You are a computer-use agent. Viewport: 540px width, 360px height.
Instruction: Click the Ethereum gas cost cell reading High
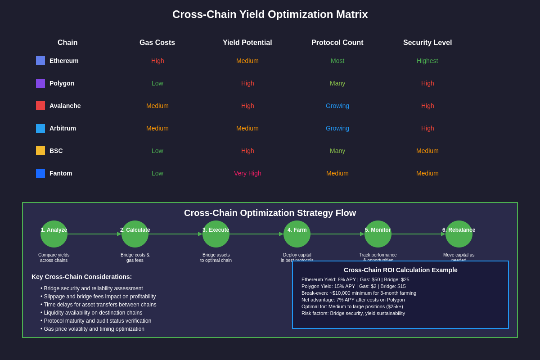(157, 61)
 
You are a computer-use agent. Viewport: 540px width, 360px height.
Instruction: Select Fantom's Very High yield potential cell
(247, 173)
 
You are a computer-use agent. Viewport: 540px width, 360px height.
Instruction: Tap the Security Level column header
(427, 43)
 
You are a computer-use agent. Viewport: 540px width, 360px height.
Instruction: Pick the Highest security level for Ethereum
(427, 61)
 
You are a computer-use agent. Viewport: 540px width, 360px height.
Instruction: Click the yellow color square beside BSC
(40, 151)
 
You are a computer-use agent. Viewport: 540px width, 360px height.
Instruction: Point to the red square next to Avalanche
(40, 106)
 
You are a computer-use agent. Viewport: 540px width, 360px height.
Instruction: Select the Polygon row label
(62, 83)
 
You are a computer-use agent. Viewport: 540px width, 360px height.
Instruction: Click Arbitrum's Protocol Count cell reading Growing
(337, 128)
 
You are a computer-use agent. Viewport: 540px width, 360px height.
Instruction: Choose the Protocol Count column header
(337, 43)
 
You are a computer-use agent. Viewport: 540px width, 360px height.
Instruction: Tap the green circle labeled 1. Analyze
(54, 234)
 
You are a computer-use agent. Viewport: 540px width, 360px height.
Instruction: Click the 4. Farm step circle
(297, 234)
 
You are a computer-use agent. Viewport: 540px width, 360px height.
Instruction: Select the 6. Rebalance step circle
(459, 234)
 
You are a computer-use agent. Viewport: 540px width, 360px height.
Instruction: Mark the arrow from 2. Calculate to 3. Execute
(175, 234)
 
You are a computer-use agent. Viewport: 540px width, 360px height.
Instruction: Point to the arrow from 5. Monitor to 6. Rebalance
(418, 234)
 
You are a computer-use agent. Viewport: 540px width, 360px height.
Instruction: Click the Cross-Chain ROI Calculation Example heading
(400, 270)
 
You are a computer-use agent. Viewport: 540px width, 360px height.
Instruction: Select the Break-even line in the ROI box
(359, 293)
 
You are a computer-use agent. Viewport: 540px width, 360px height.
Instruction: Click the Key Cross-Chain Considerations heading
(81, 277)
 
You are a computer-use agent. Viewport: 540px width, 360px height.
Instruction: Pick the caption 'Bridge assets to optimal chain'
(216, 257)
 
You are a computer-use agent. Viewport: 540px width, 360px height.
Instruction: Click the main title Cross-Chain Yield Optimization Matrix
(270, 14)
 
